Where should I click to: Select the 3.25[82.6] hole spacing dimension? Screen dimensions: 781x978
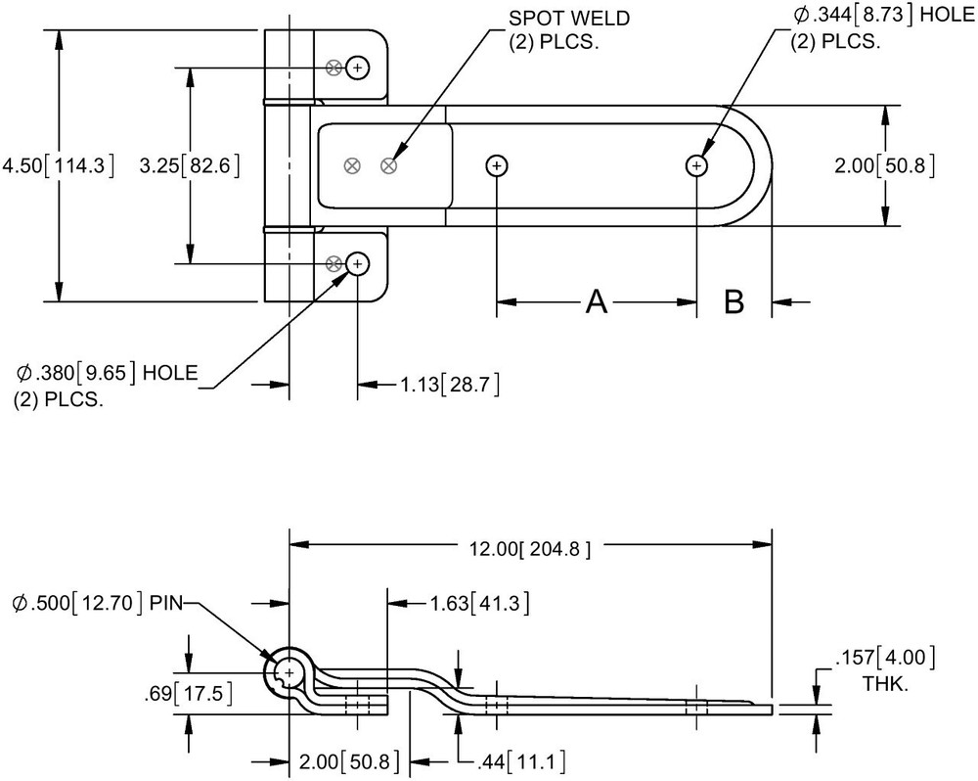[x=190, y=165]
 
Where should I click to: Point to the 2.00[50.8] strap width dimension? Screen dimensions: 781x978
[x=884, y=165]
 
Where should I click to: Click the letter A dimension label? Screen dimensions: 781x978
[x=597, y=303]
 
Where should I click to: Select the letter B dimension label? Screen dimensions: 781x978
[x=734, y=303]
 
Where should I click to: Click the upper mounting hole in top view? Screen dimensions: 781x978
[x=358, y=68]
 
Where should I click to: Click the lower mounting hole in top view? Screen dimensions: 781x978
[x=358, y=263]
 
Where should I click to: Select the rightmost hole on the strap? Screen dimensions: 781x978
[x=696, y=165]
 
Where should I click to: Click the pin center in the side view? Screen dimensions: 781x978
[x=289, y=671]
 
